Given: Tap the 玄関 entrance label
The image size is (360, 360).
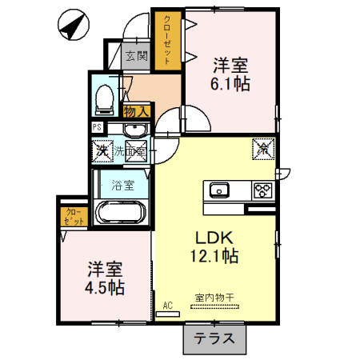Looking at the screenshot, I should (137, 56).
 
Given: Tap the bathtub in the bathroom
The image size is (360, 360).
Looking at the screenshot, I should (120, 214).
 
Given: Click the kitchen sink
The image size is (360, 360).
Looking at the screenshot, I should (219, 190).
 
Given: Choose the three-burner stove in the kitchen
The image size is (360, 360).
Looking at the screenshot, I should (262, 190).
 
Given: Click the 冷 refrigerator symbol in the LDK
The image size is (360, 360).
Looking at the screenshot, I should (262, 149).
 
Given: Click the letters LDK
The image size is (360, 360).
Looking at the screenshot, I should (213, 237).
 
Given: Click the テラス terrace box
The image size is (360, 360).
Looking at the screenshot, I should (214, 338).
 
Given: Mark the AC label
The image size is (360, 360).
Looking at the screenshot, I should (168, 305).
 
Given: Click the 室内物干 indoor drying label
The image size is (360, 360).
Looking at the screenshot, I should (214, 298).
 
